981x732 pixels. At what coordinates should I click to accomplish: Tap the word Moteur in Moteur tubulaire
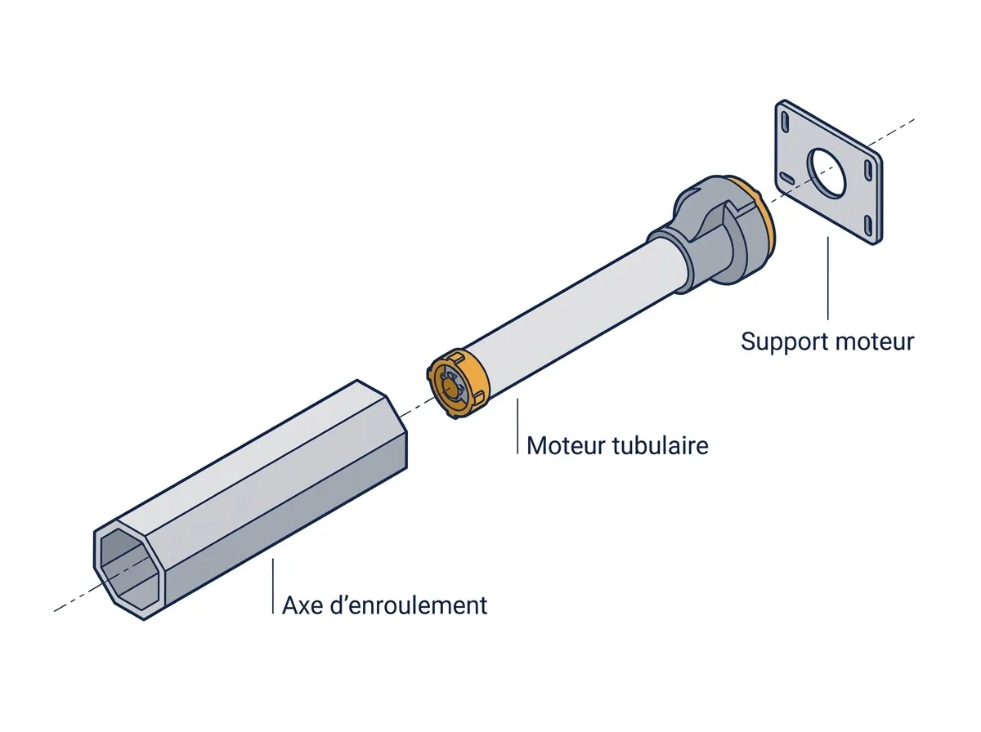pos(567,446)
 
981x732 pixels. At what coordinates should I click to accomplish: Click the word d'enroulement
pos(409,605)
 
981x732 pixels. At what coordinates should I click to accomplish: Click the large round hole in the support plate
pos(826,172)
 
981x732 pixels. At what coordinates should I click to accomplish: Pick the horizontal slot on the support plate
pos(787,178)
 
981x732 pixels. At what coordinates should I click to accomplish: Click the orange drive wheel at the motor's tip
pos(458,384)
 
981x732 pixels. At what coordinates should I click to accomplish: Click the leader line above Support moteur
pos(827,279)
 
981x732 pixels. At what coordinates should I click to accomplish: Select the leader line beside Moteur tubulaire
pos(518,426)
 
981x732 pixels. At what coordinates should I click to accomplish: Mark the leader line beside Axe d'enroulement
pos(273,586)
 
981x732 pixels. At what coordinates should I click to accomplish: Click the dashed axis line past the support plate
pos(892,132)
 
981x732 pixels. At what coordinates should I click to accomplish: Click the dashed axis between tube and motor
pos(414,408)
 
